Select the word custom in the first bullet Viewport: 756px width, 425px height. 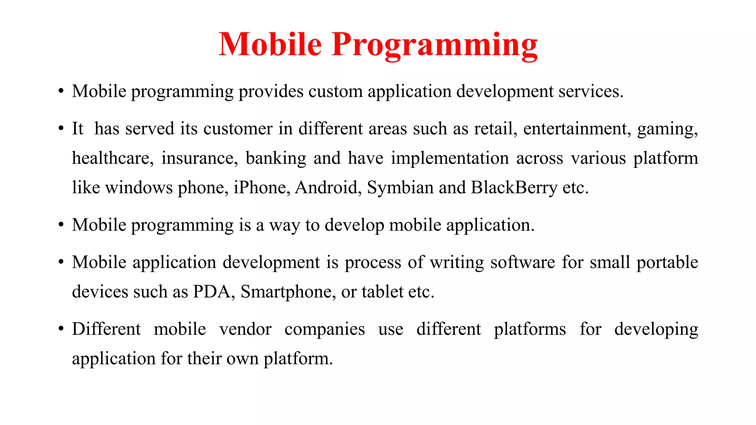(336, 91)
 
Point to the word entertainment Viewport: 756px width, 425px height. (577, 129)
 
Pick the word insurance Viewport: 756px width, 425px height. (200, 158)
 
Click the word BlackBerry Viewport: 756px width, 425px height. (514, 188)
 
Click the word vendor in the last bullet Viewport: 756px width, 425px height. (245, 329)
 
